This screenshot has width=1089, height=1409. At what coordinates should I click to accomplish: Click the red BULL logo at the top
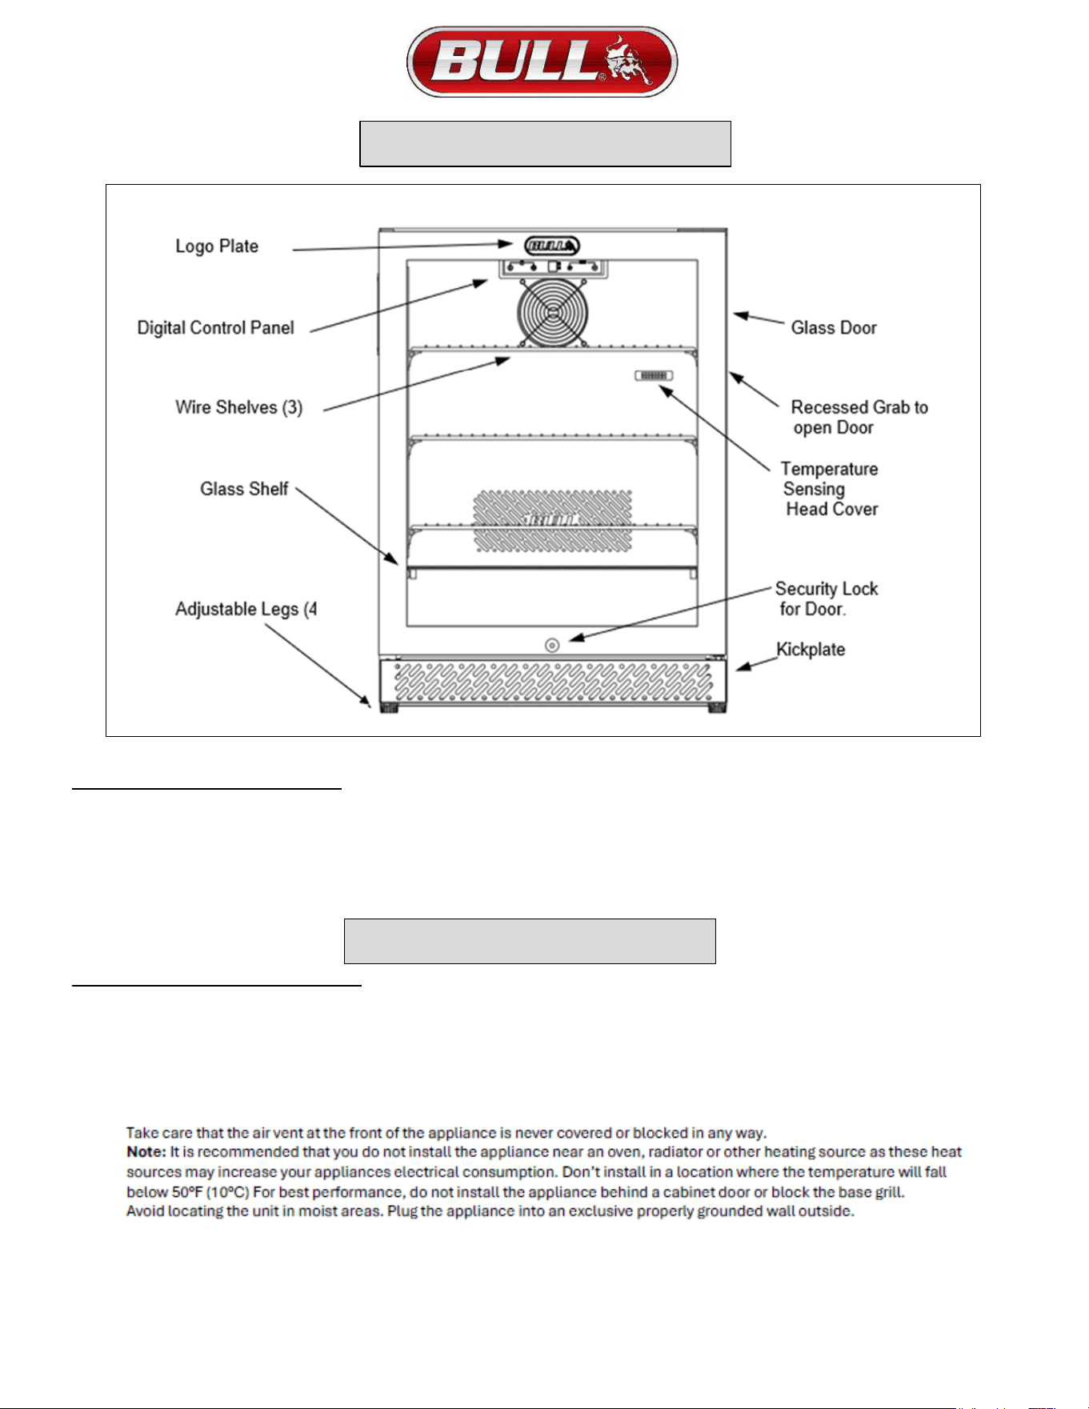point(542,62)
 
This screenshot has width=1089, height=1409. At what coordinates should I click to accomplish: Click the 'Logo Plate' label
point(217,246)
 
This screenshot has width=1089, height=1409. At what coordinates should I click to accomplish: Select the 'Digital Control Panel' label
point(215,328)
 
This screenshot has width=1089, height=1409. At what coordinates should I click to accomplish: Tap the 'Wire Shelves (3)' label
point(239,407)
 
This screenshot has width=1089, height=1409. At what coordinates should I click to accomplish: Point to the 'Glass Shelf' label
point(244,489)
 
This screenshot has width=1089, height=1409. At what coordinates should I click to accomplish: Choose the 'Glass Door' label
point(834,328)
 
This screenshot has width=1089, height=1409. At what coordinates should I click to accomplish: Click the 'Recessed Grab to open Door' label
point(859,418)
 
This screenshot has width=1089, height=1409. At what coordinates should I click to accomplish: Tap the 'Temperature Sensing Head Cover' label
point(830,489)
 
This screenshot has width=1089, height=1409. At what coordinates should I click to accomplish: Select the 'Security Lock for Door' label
point(827,599)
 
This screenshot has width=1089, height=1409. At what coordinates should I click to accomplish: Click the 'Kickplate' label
point(811,650)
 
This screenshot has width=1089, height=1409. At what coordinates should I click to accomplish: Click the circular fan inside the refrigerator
point(553,313)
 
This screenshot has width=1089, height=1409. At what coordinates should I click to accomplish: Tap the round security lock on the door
point(552,645)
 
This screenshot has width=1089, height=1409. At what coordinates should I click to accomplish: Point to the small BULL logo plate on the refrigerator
point(552,246)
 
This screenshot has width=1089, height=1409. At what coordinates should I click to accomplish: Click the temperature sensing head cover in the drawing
point(654,375)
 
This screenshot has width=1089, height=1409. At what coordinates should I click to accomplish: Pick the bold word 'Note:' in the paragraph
point(146,1152)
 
